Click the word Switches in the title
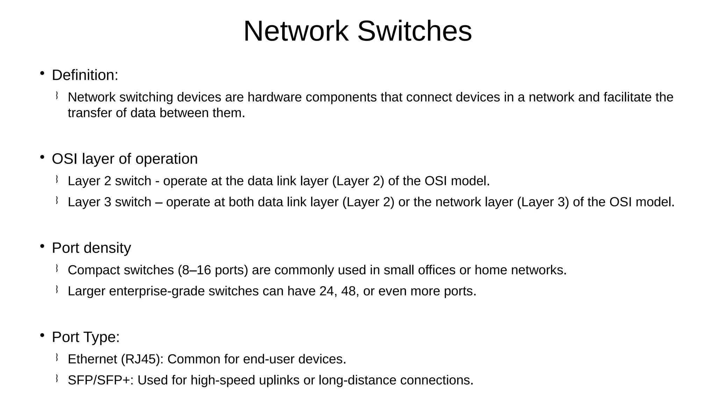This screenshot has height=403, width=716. [x=414, y=31]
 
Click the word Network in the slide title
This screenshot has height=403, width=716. [x=296, y=31]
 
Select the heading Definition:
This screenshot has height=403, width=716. [x=85, y=75]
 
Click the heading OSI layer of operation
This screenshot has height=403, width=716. [x=124, y=159]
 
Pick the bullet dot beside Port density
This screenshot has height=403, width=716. [x=42, y=246]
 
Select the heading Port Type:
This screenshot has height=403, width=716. [x=86, y=337]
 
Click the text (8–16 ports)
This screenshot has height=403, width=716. [x=213, y=270]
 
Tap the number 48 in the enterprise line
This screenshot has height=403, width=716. [x=348, y=291]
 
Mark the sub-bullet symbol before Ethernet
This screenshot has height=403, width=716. [x=56, y=357]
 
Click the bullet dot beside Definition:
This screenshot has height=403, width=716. [x=42, y=73]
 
